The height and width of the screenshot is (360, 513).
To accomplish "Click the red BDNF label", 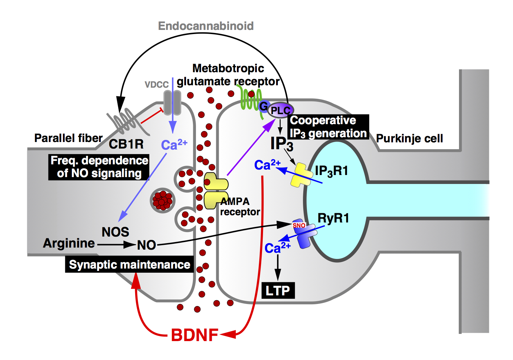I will (x=195, y=335).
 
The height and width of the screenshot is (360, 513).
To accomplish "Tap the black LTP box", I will (x=278, y=291).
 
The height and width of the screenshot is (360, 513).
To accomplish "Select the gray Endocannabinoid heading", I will (x=206, y=26).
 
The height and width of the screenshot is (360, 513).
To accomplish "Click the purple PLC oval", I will (x=281, y=110).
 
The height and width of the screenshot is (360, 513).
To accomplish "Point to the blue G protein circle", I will (x=264, y=106).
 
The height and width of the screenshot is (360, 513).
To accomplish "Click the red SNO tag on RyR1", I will (x=299, y=225).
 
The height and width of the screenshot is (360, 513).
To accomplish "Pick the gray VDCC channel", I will (x=172, y=103).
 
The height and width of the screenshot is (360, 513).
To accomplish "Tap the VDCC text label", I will (x=156, y=85).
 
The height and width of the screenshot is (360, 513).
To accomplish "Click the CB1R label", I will (x=126, y=144).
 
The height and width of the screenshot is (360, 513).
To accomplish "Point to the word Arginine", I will (x=69, y=243).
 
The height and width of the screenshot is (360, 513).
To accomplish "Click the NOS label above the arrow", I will (x=115, y=232).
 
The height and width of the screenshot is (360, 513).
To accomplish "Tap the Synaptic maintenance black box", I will (x=129, y=264).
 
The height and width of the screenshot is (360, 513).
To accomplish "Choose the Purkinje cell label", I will (x=409, y=138).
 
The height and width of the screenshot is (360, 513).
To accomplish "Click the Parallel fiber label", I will (x=68, y=138).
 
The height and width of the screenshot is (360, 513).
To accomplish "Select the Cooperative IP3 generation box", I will (x=328, y=127).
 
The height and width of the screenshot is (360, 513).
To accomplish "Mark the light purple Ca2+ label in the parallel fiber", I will (x=174, y=145).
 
